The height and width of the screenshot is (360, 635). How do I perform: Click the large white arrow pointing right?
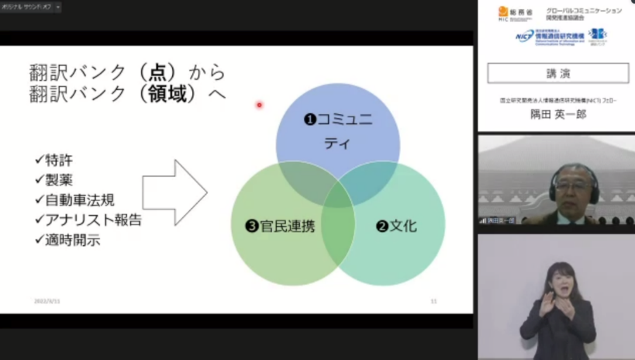(x=175, y=192)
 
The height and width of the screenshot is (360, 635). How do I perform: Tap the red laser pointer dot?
(x=260, y=105)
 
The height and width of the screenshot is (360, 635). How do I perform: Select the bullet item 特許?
(x=59, y=160)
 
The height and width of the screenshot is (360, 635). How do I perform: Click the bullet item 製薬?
(x=59, y=180)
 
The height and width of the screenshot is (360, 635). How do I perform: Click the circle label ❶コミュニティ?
(x=338, y=131)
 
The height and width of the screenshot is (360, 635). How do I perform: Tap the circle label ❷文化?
(x=396, y=227)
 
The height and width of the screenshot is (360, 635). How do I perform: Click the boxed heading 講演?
(x=557, y=74)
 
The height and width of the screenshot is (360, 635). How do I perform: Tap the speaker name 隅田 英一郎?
(x=558, y=115)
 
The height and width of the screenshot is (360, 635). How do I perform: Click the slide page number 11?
(x=434, y=300)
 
